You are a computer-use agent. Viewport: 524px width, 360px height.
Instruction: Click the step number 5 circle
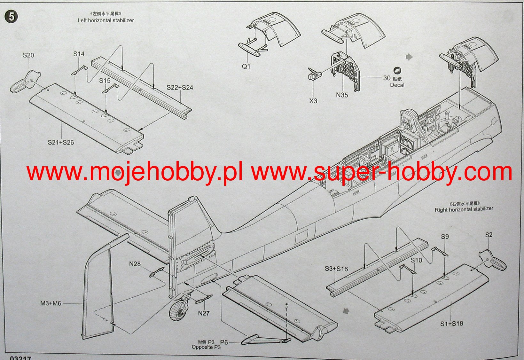(x=11, y=17)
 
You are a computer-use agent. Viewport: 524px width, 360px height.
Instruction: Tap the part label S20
(x=28, y=55)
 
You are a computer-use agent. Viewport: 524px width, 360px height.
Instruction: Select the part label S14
(x=79, y=54)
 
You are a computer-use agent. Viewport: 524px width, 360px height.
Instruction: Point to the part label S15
(x=105, y=81)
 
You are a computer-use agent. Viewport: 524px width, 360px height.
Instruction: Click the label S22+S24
(x=180, y=88)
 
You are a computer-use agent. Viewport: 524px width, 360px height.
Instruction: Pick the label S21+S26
(x=61, y=143)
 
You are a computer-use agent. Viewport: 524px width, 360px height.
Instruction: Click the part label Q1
(x=246, y=67)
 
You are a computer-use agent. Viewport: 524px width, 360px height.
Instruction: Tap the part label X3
(x=313, y=101)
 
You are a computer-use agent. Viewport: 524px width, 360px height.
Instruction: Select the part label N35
(x=342, y=95)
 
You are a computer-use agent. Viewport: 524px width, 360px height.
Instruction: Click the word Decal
(x=397, y=85)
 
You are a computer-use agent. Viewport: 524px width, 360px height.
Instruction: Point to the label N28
(x=135, y=264)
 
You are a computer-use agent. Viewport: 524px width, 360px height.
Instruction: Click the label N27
(x=204, y=313)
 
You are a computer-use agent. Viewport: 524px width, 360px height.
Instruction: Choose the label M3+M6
(x=51, y=303)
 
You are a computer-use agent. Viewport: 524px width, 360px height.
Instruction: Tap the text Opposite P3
(x=206, y=347)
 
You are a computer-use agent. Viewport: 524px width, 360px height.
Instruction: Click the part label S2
(x=489, y=235)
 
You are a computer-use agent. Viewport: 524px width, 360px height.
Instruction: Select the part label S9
(x=445, y=237)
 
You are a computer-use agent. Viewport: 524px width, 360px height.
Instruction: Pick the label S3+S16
(x=336, y=269)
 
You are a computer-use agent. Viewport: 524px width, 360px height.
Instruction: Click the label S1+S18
(x=451, y=324)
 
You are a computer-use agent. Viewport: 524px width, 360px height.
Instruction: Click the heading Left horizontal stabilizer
(x=106, y=20)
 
